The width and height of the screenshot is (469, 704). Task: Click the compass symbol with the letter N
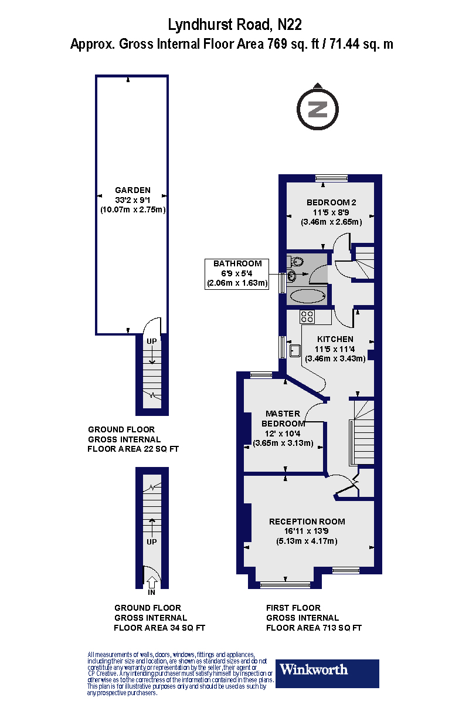tap(318, 109)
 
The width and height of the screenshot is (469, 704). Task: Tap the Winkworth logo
tap(327, 673)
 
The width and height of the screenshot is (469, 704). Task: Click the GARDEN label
tap(132, 190)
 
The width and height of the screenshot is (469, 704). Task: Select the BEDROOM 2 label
tap(331, 202)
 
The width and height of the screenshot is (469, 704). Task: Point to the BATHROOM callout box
tap(237, 273)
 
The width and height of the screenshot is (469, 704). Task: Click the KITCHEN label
tap(335, 339)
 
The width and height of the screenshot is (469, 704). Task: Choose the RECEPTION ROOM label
tap(307, 521)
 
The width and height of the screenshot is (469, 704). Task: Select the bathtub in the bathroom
tap(307, 296)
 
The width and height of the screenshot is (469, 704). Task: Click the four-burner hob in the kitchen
tap(307, 317)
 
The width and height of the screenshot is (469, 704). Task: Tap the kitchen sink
tap(294, 350)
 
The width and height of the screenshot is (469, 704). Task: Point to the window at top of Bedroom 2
tap(331, 178)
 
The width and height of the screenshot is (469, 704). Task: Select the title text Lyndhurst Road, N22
tap(235, 25)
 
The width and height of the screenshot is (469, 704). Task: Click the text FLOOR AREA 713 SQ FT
tap(314, 628)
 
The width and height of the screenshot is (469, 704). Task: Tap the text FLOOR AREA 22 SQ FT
tap(133, 449)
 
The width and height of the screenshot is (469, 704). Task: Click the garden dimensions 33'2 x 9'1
tap(132, 200)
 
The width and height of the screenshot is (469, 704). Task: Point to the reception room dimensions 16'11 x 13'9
tap(307, 532)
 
